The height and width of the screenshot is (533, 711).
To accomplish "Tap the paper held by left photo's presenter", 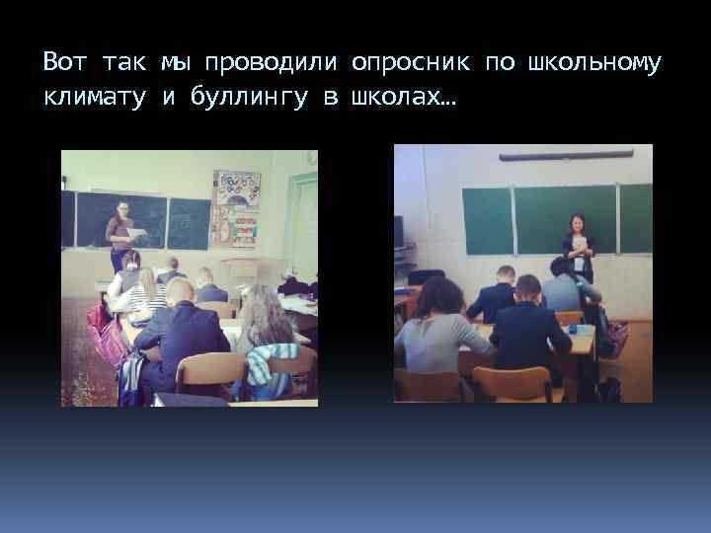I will click(135, 233).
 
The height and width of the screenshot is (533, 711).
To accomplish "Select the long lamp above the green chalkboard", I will click(566, 155).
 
